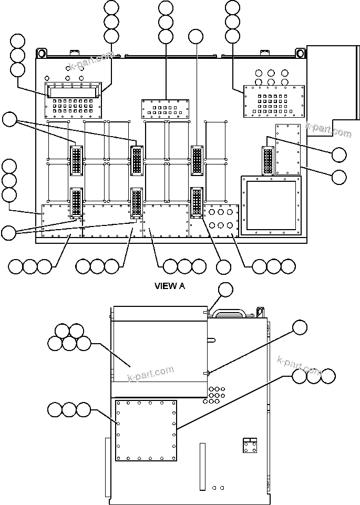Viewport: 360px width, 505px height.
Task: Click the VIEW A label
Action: point(169,286)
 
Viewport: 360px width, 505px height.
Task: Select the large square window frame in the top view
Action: point(271,205)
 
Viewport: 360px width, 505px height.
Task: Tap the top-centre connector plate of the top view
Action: point(166,109)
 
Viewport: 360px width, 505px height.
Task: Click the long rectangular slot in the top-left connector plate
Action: point(73,92)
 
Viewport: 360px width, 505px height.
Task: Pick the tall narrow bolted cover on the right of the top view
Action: point(287,149)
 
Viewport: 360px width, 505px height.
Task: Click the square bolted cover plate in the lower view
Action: point(146,430)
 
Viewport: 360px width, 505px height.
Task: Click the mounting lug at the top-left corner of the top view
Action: point(41,54)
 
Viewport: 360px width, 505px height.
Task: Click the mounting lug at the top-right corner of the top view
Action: point(300,54)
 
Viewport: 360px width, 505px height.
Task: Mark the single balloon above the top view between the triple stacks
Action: point(196,36)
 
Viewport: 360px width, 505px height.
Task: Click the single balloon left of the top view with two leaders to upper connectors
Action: point(9,120)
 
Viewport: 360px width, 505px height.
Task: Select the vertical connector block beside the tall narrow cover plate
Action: point(268,160)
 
